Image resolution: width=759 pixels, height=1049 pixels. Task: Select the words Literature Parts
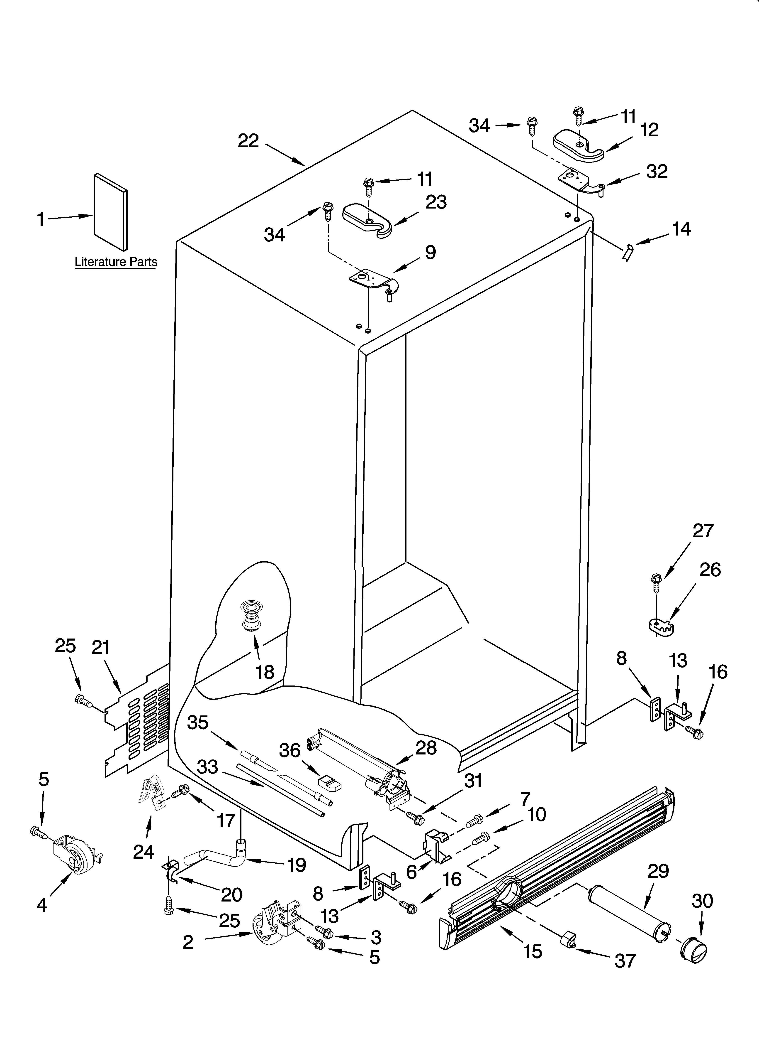(x=116, y=262)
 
